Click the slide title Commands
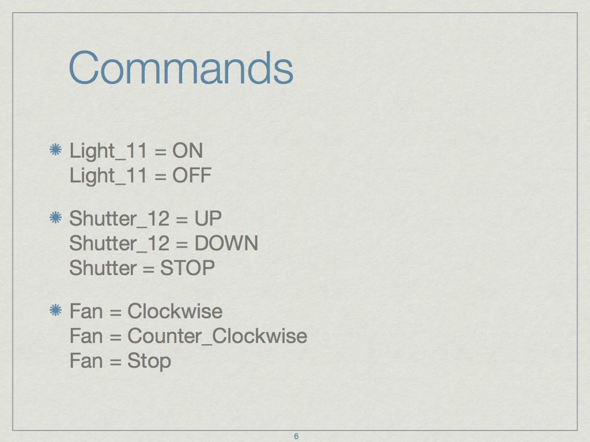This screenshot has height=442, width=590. click(x=181, y=68)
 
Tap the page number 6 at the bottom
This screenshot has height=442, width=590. click(x=296, y=436)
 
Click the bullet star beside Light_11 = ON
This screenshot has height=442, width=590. click(x=56, y=150)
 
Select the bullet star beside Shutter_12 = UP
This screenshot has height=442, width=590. click(x=56, y=217)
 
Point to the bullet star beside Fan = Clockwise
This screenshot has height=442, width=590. click(x=56, y=310)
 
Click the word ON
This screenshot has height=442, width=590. click(x=187, y=151)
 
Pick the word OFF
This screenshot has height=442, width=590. click(x=192, y=176)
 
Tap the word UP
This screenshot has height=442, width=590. click(x=207, y=218)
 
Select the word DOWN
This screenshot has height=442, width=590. click(x=226, y=243)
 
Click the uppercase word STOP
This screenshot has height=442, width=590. click(x=187, y=268)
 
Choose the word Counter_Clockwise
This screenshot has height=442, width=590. click(x=217, y=336)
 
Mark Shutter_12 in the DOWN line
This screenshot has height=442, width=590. click(x=119, y=243)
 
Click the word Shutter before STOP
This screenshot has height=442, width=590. click(x=103, y=268)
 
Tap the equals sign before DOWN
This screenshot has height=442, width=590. click(x=181, y=244)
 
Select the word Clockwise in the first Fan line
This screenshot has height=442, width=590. click(x=175, y=311)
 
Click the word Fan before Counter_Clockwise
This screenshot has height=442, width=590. click(x=86, y=336)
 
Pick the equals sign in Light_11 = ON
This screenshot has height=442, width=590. click(x=160, y=152)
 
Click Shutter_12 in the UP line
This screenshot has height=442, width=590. click(x=119, y=219)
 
